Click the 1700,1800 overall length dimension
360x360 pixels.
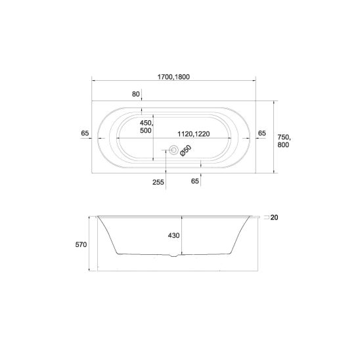point(173,77)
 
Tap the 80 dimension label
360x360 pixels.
point(136,94)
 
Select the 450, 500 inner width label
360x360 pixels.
point(146,127)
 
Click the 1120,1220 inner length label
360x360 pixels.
point(194,133)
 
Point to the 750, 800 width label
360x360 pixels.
point(284,141)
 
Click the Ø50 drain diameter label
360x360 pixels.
point(186,151)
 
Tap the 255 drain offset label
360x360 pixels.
point(158,182)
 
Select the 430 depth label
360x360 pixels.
point(174,235)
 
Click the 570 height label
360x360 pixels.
point(81,244)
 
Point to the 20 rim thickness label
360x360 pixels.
point(274,217)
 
